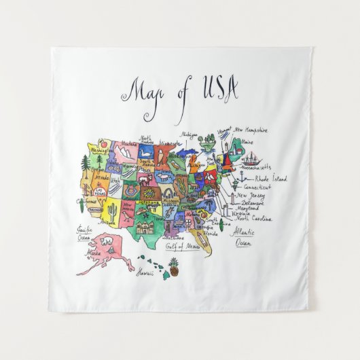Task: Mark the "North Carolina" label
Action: [x=252, y=219]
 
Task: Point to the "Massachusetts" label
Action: [x=262, y=167]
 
